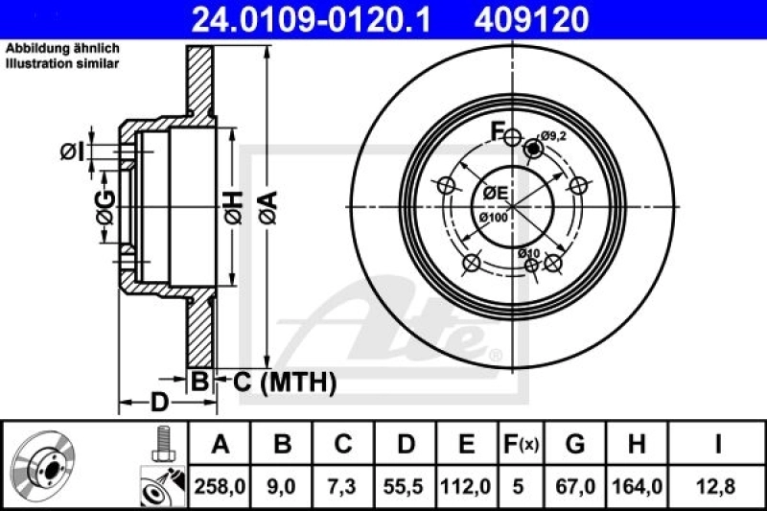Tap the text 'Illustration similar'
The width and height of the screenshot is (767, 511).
click(62, 63)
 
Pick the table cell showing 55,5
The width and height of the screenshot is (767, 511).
click(406, 487)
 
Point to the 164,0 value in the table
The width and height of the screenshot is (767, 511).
click(634, 487)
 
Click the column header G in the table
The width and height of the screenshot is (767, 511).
click(574, 445)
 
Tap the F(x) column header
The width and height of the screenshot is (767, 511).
click(522, 445)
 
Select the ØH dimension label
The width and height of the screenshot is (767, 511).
click(233, 202)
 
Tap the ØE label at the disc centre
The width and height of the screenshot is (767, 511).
click(495, 193)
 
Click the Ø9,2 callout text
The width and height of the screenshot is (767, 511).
click(552, 136)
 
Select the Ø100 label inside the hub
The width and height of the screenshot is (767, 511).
click(493, 219)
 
